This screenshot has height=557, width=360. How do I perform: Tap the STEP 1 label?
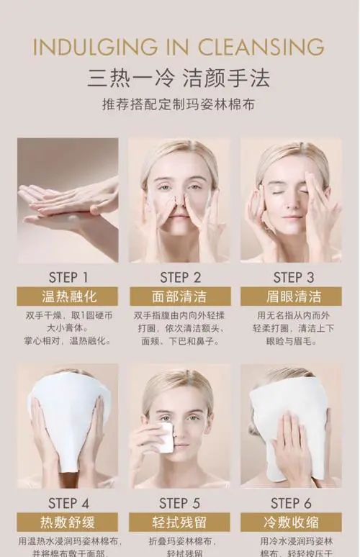click(68, 277)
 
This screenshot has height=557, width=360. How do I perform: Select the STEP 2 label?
click(181, 277)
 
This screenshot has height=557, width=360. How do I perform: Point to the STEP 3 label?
click(294, 277)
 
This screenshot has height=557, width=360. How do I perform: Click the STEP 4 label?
click(68, 503)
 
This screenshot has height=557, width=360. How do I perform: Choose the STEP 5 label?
click(181, 503)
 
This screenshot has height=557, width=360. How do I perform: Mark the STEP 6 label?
click(292, 503)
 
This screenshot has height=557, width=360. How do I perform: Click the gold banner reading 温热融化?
click(68, 296)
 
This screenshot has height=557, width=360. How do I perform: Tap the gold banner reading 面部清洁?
click(180, 296)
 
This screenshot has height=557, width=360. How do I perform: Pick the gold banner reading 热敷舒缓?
click(68, 522)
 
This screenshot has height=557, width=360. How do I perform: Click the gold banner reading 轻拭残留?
click(180, 522)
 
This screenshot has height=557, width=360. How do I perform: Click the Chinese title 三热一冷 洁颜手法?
click(179, 77)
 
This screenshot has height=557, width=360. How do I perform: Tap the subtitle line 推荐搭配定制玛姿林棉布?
click(179, 105)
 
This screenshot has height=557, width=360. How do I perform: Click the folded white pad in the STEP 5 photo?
click(164, 438)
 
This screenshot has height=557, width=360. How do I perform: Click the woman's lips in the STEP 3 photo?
click(293, 217)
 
